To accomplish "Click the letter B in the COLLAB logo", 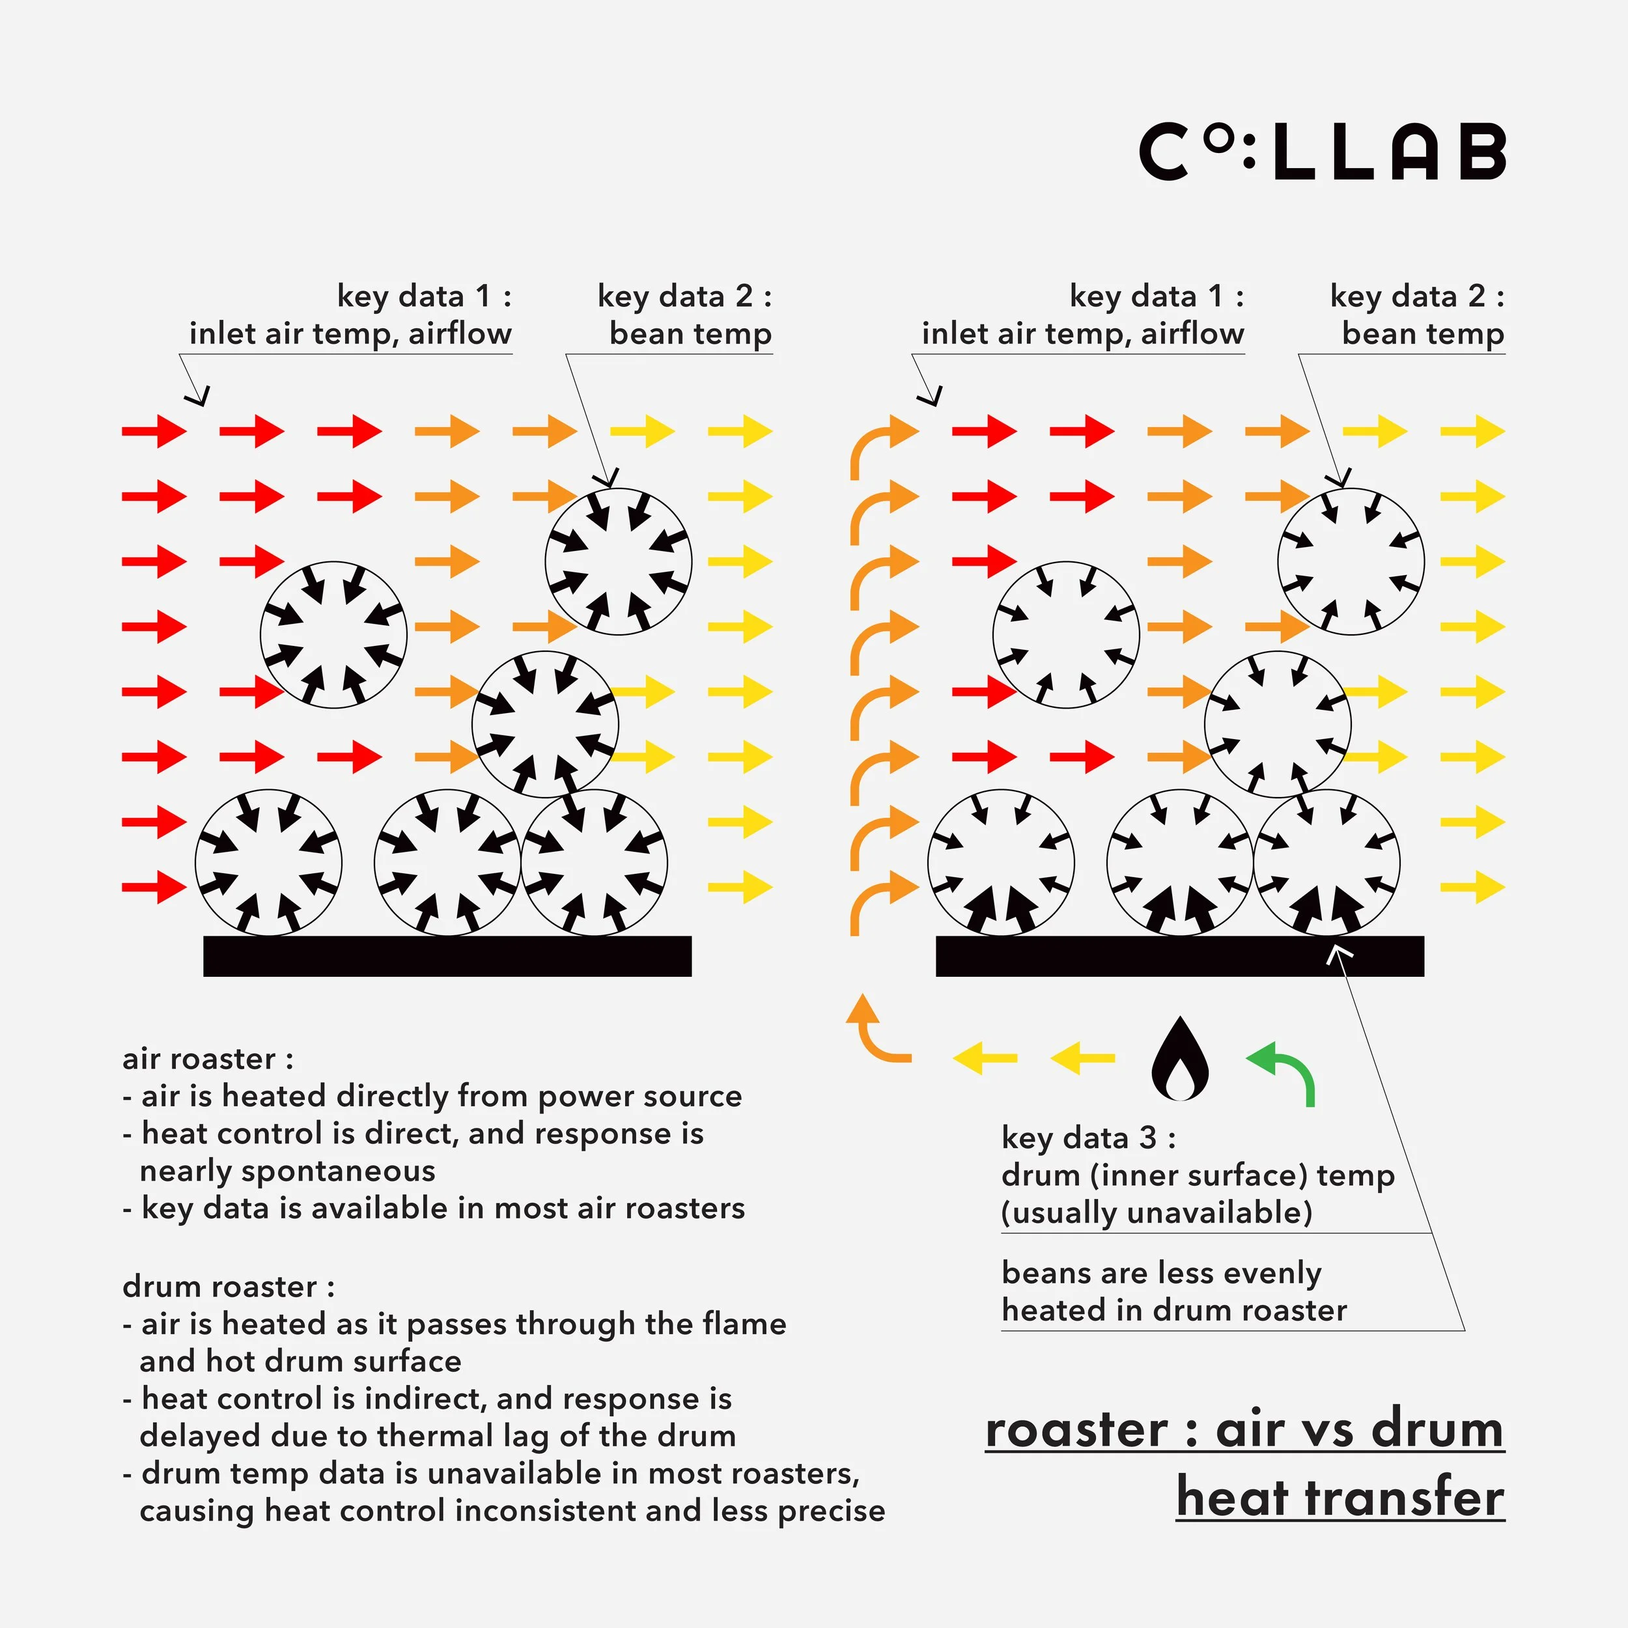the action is click(x=1481, y=152).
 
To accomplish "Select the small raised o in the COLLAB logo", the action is click(x=1216, y=140).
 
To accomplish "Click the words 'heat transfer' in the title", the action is click(x=1340, y=1497).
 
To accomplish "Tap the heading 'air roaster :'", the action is click(x=207, y=1058).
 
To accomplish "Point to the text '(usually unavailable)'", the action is click(x=1156, y=1213).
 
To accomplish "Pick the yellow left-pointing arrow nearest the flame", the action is click(x=1083, y=1058).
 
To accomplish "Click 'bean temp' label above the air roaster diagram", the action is click(x=690, y=333).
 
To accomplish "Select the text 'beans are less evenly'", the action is click(x=1161, y=1272).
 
